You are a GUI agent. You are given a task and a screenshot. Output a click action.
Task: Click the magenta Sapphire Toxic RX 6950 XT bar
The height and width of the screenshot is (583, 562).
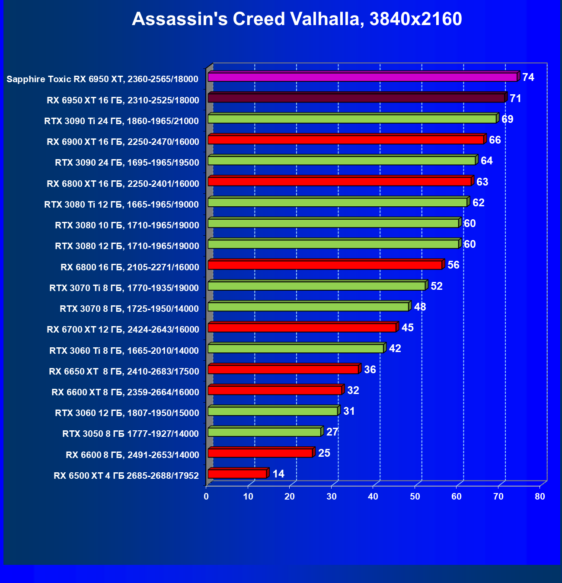[x=362, y=77]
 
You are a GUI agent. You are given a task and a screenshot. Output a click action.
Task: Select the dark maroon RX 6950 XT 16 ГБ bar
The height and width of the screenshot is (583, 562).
[x=356, y=98]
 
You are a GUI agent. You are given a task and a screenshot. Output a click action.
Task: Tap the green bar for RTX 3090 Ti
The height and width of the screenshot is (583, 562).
[x=352, y=119]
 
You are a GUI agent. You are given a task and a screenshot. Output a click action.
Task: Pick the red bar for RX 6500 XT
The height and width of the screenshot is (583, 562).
[x=237, y=474]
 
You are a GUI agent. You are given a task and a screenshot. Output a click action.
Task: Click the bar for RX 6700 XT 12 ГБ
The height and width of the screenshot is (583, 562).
[x=302, y=328]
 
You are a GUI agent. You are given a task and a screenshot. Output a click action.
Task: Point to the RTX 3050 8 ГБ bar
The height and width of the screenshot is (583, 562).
[x=264, y=432]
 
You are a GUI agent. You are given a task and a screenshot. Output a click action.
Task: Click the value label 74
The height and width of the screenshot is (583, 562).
[x=528, y=77]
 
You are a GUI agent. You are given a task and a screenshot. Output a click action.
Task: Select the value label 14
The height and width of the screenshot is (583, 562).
[x=278, y=474]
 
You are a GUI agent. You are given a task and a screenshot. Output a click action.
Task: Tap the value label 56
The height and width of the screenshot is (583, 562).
[x=453, y=265]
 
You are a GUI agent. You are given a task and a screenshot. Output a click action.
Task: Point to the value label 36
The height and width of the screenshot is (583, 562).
[x=370, y=370]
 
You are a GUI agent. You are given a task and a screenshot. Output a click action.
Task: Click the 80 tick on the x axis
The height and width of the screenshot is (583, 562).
[x=540, y=497]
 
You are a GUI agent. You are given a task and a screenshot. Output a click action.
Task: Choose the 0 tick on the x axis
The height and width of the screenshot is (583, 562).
[x=207, y=497]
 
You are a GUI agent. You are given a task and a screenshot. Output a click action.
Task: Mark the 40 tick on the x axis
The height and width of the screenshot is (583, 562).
[x=373, y=497]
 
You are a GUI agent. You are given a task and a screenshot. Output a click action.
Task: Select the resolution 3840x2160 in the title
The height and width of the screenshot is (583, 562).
[x=416, y=19]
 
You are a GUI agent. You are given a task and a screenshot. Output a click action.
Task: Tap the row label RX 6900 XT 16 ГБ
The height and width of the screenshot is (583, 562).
[x=123, y=142]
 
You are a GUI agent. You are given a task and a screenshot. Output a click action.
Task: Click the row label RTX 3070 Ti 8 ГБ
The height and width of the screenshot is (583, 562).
[x=124, y=288]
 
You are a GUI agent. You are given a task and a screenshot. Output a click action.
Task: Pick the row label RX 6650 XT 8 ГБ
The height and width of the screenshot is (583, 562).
[x=124, y=372]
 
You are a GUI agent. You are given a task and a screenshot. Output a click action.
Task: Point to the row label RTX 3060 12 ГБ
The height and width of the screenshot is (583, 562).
[x=127, y=413]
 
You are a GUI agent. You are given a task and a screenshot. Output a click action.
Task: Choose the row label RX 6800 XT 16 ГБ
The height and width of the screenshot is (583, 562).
[x=123, y=184]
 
